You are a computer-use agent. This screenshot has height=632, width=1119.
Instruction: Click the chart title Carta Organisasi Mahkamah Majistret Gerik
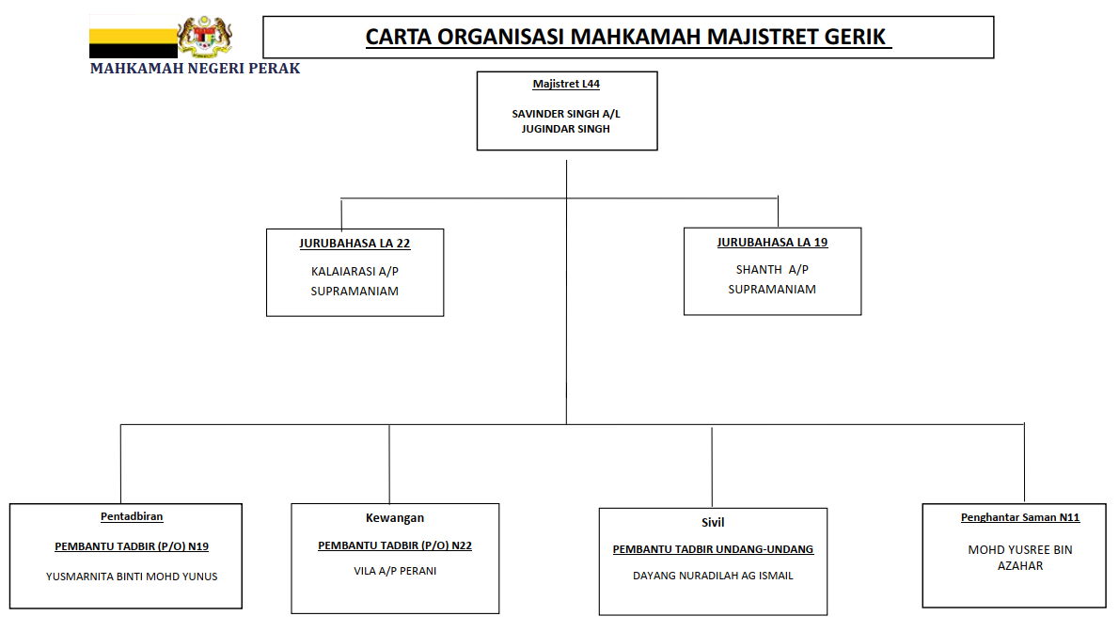pos(627,38)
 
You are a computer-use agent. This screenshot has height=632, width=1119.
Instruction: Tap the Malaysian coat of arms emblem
pos(206,37)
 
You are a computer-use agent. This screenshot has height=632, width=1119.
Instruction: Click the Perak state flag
pos(133,37)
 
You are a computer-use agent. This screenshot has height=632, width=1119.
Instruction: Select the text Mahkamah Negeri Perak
pos(195,69)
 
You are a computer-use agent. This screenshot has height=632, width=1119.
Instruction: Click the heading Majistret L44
pos(566,85)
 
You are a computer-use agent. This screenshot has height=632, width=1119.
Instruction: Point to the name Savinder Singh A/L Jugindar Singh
pos(566,121)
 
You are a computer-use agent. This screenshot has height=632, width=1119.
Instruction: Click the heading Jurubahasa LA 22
pos(355,244)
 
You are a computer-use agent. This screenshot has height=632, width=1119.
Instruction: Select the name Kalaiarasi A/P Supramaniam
pos(355,281)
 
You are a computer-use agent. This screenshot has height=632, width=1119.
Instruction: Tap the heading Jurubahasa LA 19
pos(772,243)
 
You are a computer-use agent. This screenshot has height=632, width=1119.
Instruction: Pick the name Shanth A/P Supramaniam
pos(772,279)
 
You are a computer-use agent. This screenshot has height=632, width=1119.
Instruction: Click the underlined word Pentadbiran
pos(132,516)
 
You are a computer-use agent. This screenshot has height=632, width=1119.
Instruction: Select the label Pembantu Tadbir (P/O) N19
pos(132,546)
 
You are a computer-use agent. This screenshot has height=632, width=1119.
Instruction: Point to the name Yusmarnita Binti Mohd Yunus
pos(132,577)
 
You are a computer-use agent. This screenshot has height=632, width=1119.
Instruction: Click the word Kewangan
pos(395,518)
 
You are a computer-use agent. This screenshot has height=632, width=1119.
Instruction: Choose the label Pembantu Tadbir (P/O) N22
pos(395,545)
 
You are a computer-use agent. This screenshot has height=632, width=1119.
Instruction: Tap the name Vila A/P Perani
pos(395,571)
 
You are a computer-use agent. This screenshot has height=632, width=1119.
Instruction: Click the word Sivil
pos(713,523)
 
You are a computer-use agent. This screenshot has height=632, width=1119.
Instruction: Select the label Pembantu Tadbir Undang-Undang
pos(713,549)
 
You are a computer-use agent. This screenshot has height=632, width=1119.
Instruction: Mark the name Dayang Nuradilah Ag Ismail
pos(713,576)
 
